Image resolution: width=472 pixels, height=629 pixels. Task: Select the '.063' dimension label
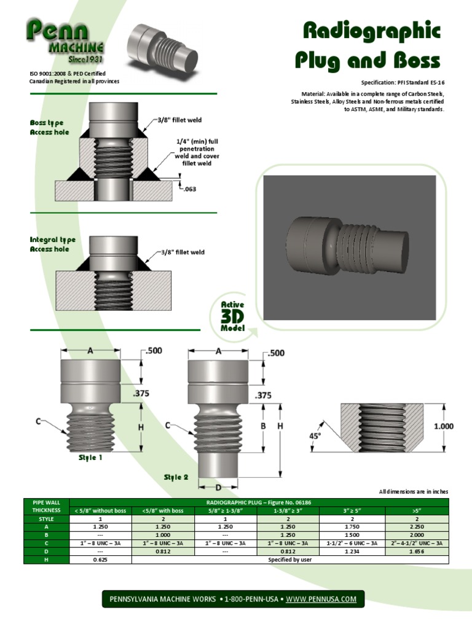point(189,189)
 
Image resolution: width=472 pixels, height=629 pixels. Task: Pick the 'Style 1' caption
point(90,458)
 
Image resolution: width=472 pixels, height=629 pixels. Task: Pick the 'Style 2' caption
point(176,477)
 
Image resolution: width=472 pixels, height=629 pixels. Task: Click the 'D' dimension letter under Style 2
point(218,487)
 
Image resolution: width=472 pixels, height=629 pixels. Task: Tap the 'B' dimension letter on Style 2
point(263,425)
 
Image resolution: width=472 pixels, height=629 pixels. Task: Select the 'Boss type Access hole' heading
point(49,128)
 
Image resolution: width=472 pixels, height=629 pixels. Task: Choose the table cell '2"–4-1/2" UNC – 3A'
point(417,543)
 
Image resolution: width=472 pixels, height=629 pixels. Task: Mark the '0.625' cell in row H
point(100,560)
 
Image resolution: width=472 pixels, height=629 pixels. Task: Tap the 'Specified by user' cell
point(289,560)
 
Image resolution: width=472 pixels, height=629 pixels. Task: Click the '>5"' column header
point(417,510)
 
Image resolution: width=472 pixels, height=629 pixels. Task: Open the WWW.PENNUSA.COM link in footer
point(321,599)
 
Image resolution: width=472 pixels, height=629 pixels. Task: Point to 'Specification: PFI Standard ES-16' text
point(402,82)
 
